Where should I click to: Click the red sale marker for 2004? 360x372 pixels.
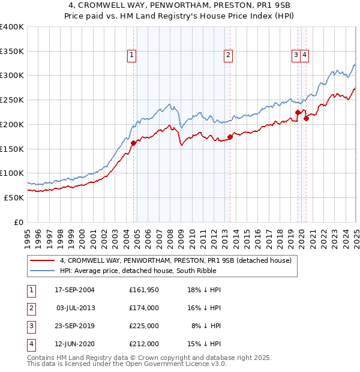click(x=133, y=143)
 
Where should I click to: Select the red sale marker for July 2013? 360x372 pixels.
click(x=230, y=137)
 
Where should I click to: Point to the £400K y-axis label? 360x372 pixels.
click(x=12, y=27)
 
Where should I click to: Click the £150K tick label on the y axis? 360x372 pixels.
click(x=12, y=149)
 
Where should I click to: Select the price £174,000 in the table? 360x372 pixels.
click(x=143, y=308)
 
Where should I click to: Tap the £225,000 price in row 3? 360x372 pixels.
click(x=143, y=326)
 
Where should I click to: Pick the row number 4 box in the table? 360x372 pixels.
click(x=31, y=344)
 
